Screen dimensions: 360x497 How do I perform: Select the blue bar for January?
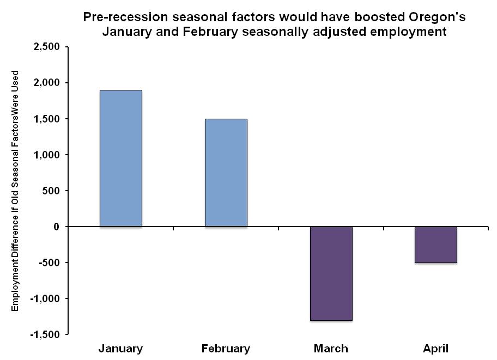tap(120, 158)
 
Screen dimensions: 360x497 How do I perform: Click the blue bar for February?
tap(226, 172)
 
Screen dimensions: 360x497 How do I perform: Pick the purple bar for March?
tap(331, 273)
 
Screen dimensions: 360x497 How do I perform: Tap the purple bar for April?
tap(435, 245)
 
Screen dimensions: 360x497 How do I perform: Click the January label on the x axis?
tap(120, 349)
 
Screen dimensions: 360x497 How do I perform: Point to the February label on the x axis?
tap(226, 349)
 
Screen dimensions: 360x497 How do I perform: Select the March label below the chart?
tap(331, 349)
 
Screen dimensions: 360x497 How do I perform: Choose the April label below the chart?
tap(435, 349)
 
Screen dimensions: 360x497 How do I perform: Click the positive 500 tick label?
tap(52, 191)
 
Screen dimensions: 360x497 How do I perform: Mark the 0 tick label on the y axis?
tap(57, 227)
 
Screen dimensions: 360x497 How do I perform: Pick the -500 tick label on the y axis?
tap(51, 263)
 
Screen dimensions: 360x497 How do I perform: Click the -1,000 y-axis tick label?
tap(46, 298)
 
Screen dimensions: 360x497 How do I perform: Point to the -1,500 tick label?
tap(46, 334)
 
